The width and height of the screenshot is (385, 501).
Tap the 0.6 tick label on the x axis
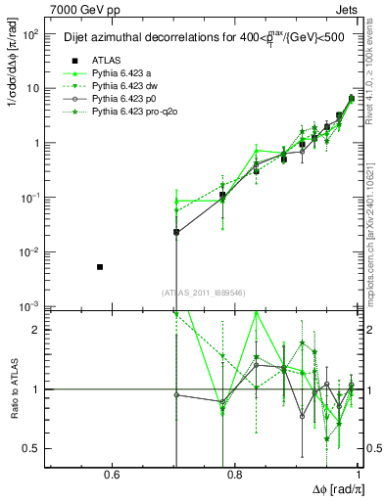[x=111, y=476]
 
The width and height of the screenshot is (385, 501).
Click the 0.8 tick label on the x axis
[x=234, y=476]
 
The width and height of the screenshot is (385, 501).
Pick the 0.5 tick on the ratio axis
[x=33, y=448]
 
